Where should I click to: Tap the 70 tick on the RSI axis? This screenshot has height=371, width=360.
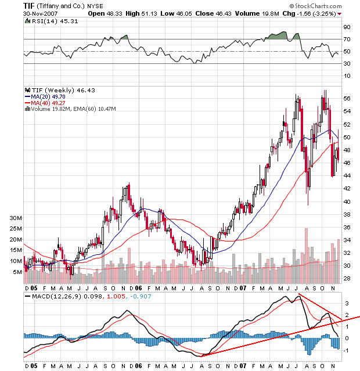pyautogui.click(x=347, y=39)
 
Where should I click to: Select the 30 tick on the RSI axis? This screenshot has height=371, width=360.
pyautogui.click(x=347, y=63)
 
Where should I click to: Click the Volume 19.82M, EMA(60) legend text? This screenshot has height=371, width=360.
pyautogui.click(x=73, y=109)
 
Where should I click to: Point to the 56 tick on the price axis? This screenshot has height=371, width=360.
pyautogui.click(x=347, y=99)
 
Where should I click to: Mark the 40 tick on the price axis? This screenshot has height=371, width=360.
pyautogui.click(x=347, y=201)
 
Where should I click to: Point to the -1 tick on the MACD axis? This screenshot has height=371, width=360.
pyautogui.click(x=346, y=350)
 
